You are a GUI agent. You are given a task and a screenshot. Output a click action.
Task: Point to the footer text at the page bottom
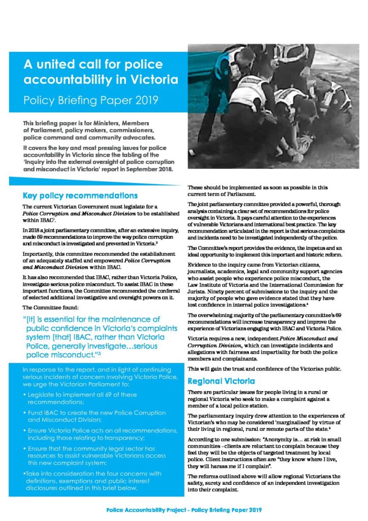click(184, 509)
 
